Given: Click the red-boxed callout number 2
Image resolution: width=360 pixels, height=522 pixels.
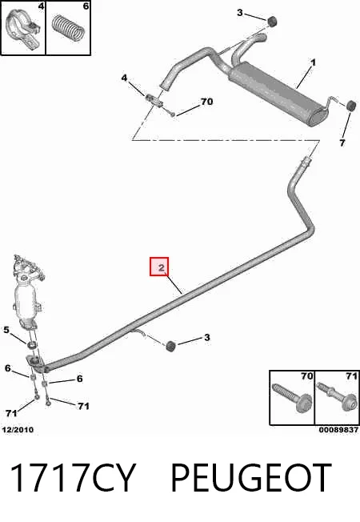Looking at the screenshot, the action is (x=162, y=267).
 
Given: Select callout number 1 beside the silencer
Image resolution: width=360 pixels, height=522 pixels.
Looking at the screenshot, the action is (x=313, y=62).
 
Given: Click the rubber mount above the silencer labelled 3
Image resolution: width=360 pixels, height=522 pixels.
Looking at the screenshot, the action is (x=273, y=21).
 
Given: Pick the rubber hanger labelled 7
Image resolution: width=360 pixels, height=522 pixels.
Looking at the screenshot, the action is (x=351, y=106).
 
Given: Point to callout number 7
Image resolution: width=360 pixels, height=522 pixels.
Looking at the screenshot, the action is (x=342, y=143).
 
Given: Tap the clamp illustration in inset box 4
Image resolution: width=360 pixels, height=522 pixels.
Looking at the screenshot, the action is (x=24, y=29).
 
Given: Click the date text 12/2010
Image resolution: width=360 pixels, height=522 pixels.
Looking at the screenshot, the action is (x=18, y=430).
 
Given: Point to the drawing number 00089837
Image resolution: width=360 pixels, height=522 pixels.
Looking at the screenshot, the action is (x=338, y=430).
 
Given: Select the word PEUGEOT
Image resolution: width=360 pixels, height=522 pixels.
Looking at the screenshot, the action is (x=251, y=477).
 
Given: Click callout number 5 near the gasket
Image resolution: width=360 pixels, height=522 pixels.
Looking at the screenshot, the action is (x=6, y=330).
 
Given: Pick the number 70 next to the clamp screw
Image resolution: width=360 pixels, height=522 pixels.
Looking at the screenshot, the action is (x=206, y=101).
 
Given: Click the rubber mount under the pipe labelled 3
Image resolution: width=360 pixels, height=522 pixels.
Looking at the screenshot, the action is (x=170, y=346).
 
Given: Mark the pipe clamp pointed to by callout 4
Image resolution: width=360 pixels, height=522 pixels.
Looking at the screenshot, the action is (x=154, y=100).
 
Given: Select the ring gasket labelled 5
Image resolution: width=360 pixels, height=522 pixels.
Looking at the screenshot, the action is (x=32, y=344).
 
